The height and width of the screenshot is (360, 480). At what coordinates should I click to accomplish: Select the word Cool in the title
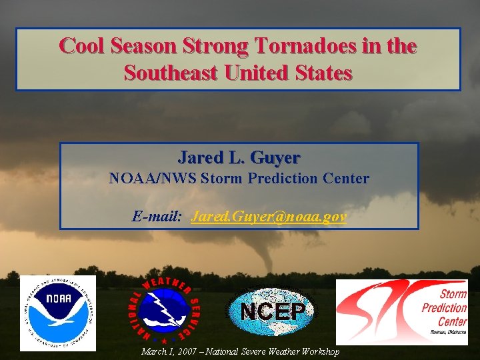point(83,46)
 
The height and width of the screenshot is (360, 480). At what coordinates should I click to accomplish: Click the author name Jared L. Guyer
point(239,157)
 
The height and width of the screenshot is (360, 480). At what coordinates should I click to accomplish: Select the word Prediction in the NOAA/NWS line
point(283,179)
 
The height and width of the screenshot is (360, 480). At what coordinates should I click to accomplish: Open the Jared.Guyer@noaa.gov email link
point(268,217)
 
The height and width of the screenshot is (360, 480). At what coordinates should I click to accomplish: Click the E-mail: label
point(157,217)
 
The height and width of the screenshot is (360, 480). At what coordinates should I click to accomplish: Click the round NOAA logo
point(58,313)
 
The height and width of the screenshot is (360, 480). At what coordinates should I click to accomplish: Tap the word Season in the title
point(145,46)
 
